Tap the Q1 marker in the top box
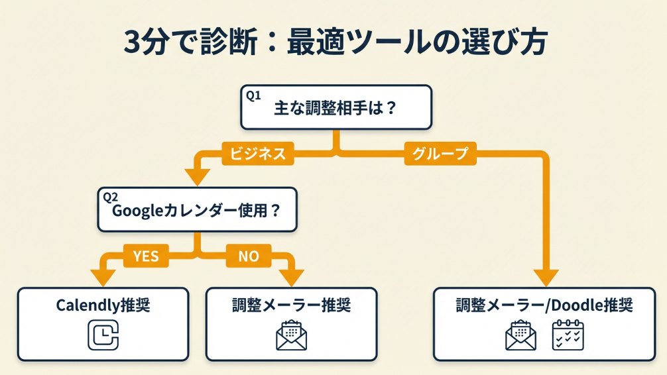[x=253, y=95]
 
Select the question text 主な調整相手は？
[x=335, y=109]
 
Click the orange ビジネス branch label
[x=258, y=154]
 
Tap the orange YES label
[x=146, y=256]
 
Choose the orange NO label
[x=249, y=256]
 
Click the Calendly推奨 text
[x=103, y=305]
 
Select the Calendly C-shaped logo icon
[x=103, y=335]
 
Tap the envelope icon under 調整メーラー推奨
[x=291, y=335]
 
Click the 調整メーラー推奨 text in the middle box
[x=291, y=305]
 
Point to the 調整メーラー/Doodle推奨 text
[x=544, y=305]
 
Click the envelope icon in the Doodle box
[x=520, y=335]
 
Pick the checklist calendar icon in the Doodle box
[x=568, y=335]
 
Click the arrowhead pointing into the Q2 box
[x=198, y=178]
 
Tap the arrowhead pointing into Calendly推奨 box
[x=102, y=277]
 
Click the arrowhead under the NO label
[x=291, y=277]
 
